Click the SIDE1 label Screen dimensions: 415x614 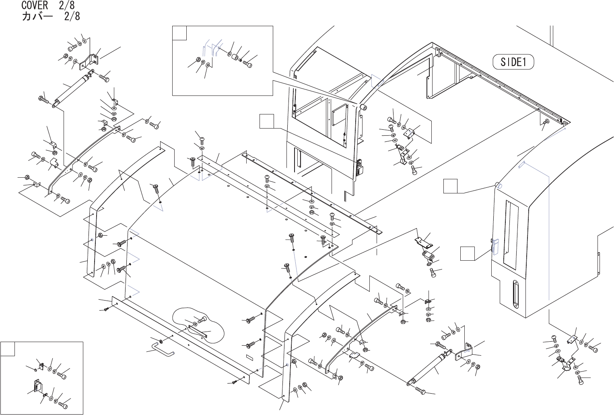pyautogui.click(x=513, y=62)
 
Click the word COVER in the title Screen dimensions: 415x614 pyautogui.click(x=35, y=5)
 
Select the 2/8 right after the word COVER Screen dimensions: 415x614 pyautogui.click(x=66, y=5)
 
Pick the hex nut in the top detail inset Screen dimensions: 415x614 pyautogui.click(x=198, y=60)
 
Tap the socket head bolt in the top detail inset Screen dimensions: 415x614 pyautogui.click(x=248, y=63)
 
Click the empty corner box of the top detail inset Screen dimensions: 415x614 pyautogui.click(x=179, y=33)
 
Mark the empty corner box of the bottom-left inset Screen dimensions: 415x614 pyautogui.click(x=8, y=349)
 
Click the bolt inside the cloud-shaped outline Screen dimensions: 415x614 pyautogui.click(x=201, y=320)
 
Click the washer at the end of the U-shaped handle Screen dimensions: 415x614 pyautogui.click(x=161, y=342)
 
